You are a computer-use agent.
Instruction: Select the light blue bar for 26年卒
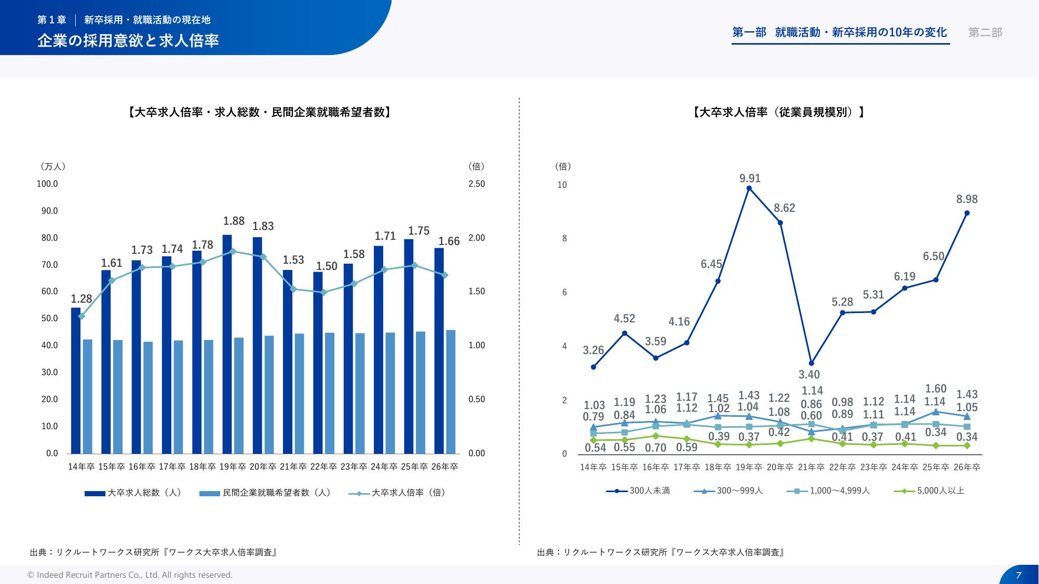coord(451,391)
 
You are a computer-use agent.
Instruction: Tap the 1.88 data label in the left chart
coord(234,221)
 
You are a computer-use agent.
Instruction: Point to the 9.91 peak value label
coord(750,179)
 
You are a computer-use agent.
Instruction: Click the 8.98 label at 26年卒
coord(967,199)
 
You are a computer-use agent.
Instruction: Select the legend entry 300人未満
coord(638,491)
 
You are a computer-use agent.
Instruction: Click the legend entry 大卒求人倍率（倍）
coord(397,493)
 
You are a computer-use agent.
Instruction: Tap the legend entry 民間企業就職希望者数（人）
coord(265,493)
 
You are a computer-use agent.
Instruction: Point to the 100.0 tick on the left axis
coord(47,184)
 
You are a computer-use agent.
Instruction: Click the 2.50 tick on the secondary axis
coord(476,184)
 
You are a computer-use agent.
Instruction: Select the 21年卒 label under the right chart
coord(811,467)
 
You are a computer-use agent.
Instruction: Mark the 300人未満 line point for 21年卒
coord(811,363)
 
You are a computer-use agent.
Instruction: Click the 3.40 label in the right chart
coord(809,375)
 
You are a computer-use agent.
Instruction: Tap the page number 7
coord(1018,575)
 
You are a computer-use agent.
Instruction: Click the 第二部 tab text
coord(985,33)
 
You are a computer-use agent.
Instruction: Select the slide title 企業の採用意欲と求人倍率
coord(128,40)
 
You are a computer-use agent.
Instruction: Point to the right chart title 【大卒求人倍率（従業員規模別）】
coord(778,112)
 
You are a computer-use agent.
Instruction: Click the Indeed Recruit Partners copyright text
coord(130,575)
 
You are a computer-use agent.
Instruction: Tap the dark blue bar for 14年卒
coord(76,380)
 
